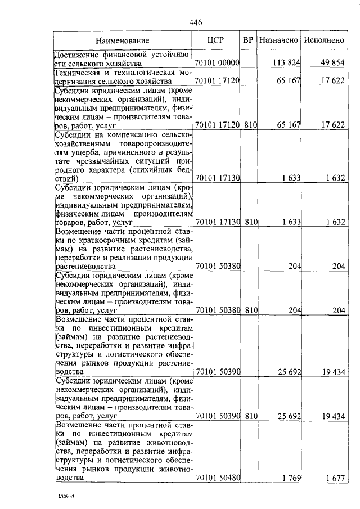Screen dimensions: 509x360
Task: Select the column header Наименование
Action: point(122,40)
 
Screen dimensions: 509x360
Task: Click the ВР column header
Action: point(247,40)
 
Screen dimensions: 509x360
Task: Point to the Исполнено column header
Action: point(323,40)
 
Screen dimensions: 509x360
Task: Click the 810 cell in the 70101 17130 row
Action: point(251,222)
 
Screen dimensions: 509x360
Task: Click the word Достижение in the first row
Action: point(77,55)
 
